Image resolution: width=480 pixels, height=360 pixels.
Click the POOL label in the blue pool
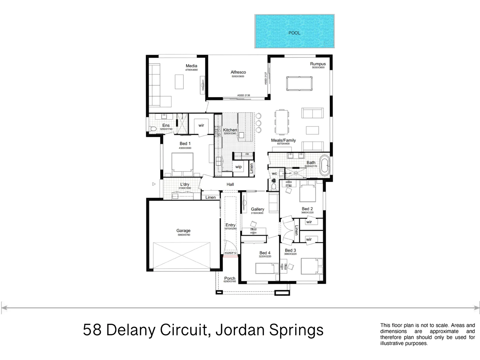[x=294, y=33]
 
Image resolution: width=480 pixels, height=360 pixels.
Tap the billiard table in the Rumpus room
[x=299, y=83]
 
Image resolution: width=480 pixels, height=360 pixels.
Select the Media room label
[x=191, y=66]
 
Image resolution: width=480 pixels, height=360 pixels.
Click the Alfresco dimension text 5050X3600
[x=238, y=77]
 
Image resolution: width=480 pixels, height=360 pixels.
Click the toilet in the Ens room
[x=153, y=129]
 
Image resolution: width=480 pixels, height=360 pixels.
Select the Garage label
[x=183, y=230]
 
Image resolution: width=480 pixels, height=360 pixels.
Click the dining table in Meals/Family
[x=282, y=121]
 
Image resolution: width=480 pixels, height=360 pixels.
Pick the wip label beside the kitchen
[x=238, y=167]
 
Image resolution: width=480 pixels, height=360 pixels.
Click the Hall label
[x=230, y=184]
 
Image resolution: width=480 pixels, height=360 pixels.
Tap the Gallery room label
[x=257, y=209]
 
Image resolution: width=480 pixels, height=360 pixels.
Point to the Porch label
[x=230, y=278]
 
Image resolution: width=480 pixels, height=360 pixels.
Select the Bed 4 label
[x=265, y=253]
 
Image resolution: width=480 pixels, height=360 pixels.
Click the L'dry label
[x=184, y=184]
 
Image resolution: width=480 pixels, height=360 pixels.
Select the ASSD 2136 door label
[x=243, y=95]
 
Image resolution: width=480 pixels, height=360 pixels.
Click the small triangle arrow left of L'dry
[x=154, y=184]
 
